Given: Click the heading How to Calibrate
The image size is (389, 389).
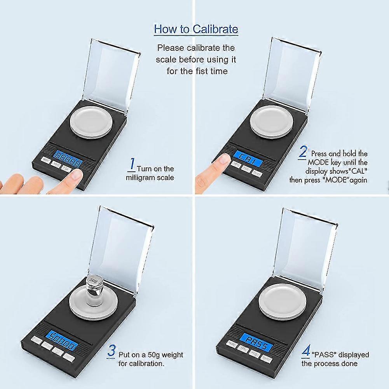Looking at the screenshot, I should pos(196,29).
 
